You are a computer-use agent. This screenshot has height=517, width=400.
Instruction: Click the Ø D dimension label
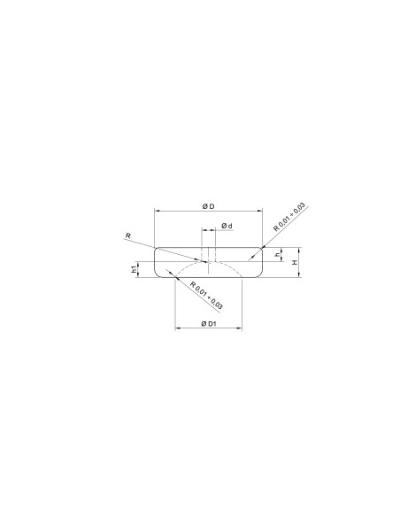pos(208,206)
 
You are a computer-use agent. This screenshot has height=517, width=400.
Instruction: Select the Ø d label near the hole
pos(227,226)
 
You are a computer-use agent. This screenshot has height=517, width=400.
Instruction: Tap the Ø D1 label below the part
pos(209,324)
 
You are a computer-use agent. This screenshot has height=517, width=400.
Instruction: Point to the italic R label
pos(128,235)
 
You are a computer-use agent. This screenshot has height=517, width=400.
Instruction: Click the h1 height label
pos(134,269)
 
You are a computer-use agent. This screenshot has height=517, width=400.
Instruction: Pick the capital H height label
pos(295,262)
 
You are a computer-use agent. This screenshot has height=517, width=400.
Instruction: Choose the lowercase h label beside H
pos(278,254)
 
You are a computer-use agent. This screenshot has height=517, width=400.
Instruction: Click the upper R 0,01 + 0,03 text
pos(289,218)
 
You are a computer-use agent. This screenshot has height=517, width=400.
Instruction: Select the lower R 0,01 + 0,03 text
pos(206,295)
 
